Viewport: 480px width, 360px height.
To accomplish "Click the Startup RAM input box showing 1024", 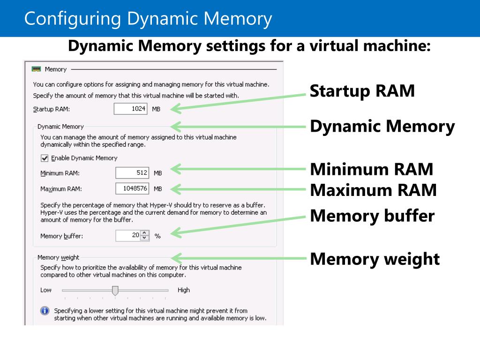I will point(131,109).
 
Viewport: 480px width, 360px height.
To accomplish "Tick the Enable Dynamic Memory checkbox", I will point(45,158).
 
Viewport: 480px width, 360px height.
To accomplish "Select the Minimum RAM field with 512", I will point(133,173).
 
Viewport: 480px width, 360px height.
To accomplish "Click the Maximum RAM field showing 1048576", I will point(133,188).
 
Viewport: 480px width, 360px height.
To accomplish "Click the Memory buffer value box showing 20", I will point(128,235).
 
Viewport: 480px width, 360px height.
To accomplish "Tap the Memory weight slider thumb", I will point(115,291).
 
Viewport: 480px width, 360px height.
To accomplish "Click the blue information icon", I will point(45,311).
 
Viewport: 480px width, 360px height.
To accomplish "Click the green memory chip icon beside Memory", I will point(36,69).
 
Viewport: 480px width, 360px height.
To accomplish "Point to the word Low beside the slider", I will point(46,290).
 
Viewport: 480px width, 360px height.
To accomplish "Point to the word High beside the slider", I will point(184,290).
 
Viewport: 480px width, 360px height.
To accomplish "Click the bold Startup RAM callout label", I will point(362,91).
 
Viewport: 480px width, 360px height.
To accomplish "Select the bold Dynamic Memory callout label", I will point(382,127).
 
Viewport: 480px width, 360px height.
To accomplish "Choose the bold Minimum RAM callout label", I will point(372,169).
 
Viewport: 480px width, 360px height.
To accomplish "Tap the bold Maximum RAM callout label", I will point(374,190).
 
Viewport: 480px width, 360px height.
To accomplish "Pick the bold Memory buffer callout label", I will point(373,216).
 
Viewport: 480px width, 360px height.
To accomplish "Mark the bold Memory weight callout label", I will point(375,259).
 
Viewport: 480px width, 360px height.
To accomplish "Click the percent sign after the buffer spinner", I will point(157,236).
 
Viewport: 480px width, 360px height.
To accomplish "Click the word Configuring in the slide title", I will point(72,19).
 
